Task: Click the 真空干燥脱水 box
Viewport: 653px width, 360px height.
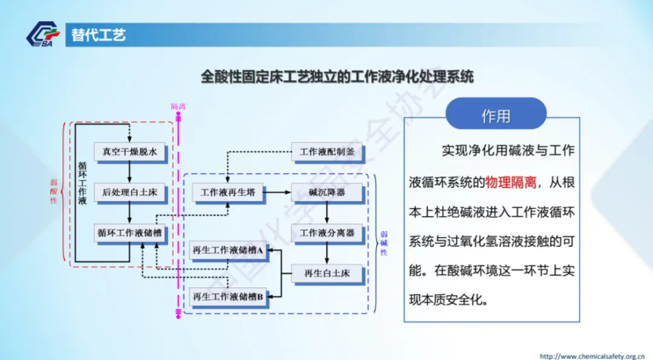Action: tap(129, 152)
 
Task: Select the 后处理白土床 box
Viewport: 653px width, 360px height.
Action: tap(129, 192)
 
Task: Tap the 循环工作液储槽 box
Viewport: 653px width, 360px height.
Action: tap(129, 232)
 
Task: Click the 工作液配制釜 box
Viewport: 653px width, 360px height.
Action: tap(327, 152)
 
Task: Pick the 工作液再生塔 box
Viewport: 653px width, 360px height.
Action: tap(228, 192)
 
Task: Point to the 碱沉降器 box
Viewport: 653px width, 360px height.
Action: tap(327, 192)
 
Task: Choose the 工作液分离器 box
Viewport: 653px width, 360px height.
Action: tap(327, 232)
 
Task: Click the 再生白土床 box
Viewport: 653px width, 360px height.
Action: tap(327, 273)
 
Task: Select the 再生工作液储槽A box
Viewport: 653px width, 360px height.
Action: tap(228, 249)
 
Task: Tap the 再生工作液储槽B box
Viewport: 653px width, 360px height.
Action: tap(228, 296)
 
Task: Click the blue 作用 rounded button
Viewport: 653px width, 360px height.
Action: tap(496, 116)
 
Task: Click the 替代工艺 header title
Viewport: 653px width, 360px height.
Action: tap(99, 35)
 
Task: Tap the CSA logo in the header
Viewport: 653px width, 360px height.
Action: tap(43, 34)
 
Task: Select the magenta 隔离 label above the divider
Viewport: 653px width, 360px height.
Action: tap(178, 106)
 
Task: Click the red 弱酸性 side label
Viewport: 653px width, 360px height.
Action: tap(54, 192)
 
